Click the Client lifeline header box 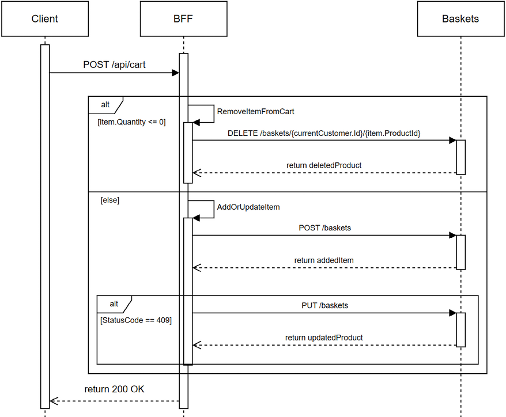(45, 18)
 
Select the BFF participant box (183, 18)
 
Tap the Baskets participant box (460, 18)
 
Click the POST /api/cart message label (114, 65)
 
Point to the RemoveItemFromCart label (255, 112)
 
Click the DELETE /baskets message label (324, 133)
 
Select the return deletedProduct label (324, 165)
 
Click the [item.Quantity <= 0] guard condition (131, 122)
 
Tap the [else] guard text (110, 200)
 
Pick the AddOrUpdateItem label (248, 207)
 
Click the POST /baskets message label (325, 228)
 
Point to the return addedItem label (324, 260)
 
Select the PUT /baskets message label (325, 305)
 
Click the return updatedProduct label (324, 338)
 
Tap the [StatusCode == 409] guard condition (136, 320)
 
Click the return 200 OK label (114, 389)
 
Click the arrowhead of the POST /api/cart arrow (176, 73)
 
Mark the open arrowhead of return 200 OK (54, 401)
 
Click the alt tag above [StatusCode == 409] (114, 304)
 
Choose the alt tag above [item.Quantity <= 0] (105, 105)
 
